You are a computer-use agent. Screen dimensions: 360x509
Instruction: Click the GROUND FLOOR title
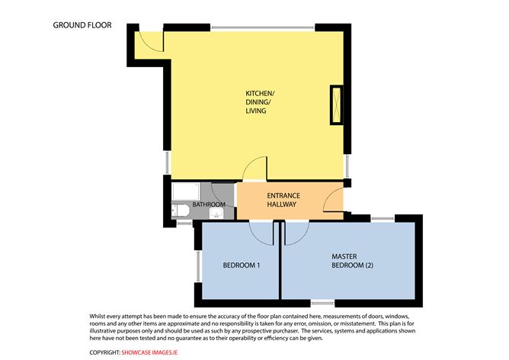82,25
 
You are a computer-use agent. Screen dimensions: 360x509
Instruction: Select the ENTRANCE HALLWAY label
281,200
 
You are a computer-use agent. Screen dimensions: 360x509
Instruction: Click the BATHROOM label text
208,205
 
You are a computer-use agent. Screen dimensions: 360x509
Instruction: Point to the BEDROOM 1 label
242,265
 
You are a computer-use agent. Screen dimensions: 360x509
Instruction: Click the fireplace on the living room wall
335,106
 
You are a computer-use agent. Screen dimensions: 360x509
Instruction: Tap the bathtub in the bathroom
186,191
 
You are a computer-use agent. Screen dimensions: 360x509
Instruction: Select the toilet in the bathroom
181,211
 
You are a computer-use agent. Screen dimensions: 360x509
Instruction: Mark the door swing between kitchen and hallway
255,169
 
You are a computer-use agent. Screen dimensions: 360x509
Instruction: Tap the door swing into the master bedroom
295,233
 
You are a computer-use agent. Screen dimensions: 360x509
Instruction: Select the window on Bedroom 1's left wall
197,268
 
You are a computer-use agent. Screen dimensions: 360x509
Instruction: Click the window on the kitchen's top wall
262,28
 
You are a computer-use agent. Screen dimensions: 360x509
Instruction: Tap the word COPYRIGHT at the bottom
104,352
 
